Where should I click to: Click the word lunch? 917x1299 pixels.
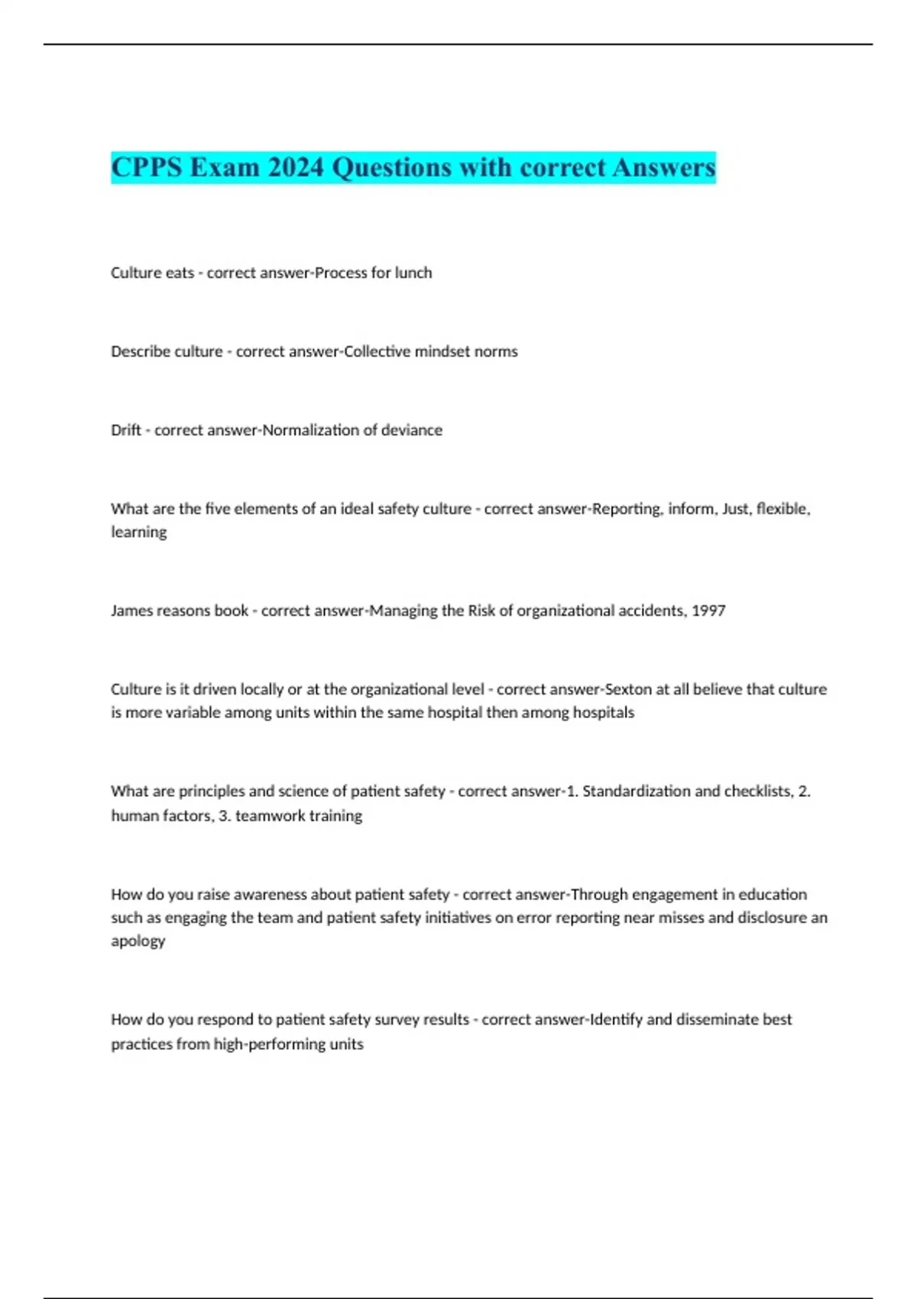[413, 273]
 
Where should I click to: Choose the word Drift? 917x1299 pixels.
[125, 430]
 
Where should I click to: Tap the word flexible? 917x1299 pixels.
[783, 509]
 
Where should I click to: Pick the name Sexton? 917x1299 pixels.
[628, 689]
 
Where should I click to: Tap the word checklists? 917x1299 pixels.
[756, 792]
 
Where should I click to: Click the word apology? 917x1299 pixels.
[138, 941]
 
